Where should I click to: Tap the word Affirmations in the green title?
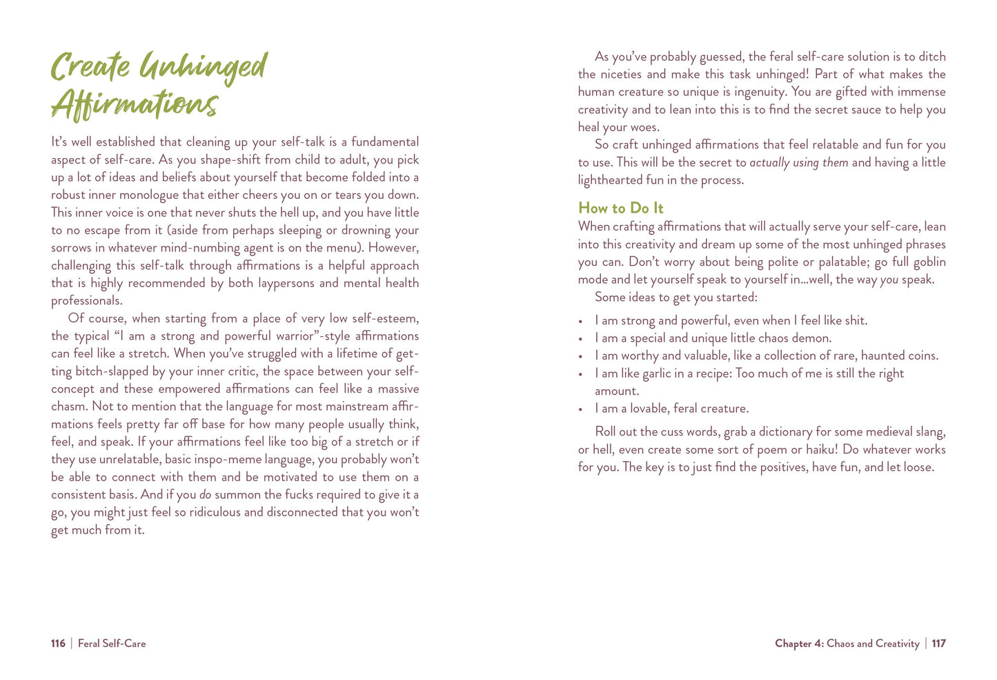(x=135, y=105)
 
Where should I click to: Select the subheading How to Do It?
(x=620, y=208)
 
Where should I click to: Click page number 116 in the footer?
(x=58, y=643)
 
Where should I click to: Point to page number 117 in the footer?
(x=938, y=643)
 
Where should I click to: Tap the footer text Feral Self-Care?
(x=112, y=643)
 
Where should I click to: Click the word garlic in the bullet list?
(x=656, y=373)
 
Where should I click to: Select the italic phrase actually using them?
(x=799, y=162)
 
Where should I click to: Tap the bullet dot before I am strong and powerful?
(x=581, y=321)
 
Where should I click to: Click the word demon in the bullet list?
(x=813, y=338)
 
